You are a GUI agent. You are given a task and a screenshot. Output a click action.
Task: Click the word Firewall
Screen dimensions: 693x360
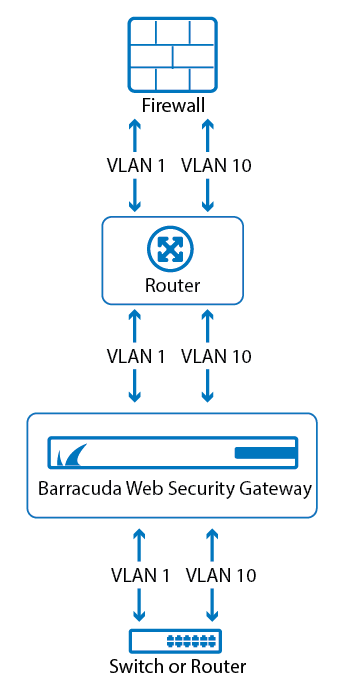pos(172,104)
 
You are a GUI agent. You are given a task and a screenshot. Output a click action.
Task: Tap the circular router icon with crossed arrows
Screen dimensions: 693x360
pos(172,249)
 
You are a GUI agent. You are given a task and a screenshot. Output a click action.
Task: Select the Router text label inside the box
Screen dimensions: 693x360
pos(172,286)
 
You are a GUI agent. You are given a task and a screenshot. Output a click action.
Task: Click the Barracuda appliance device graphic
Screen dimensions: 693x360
pos(172,453)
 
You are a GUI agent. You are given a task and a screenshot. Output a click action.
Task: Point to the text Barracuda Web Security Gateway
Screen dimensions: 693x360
pos(172,490)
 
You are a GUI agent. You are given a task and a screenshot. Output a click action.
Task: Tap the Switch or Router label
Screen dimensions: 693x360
pos(172,667)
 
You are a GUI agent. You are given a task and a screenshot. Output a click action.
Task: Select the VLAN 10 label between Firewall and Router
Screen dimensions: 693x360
pos(213,166)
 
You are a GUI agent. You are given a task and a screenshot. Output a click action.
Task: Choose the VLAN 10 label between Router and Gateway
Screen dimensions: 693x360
pos(213,355)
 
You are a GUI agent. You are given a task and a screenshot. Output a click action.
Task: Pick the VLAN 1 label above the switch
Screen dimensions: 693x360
pos(138,575)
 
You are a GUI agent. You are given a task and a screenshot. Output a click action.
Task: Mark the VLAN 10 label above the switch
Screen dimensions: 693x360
pos(219,575)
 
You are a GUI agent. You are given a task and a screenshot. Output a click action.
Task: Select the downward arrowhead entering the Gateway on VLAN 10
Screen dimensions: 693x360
pos(207,398)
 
